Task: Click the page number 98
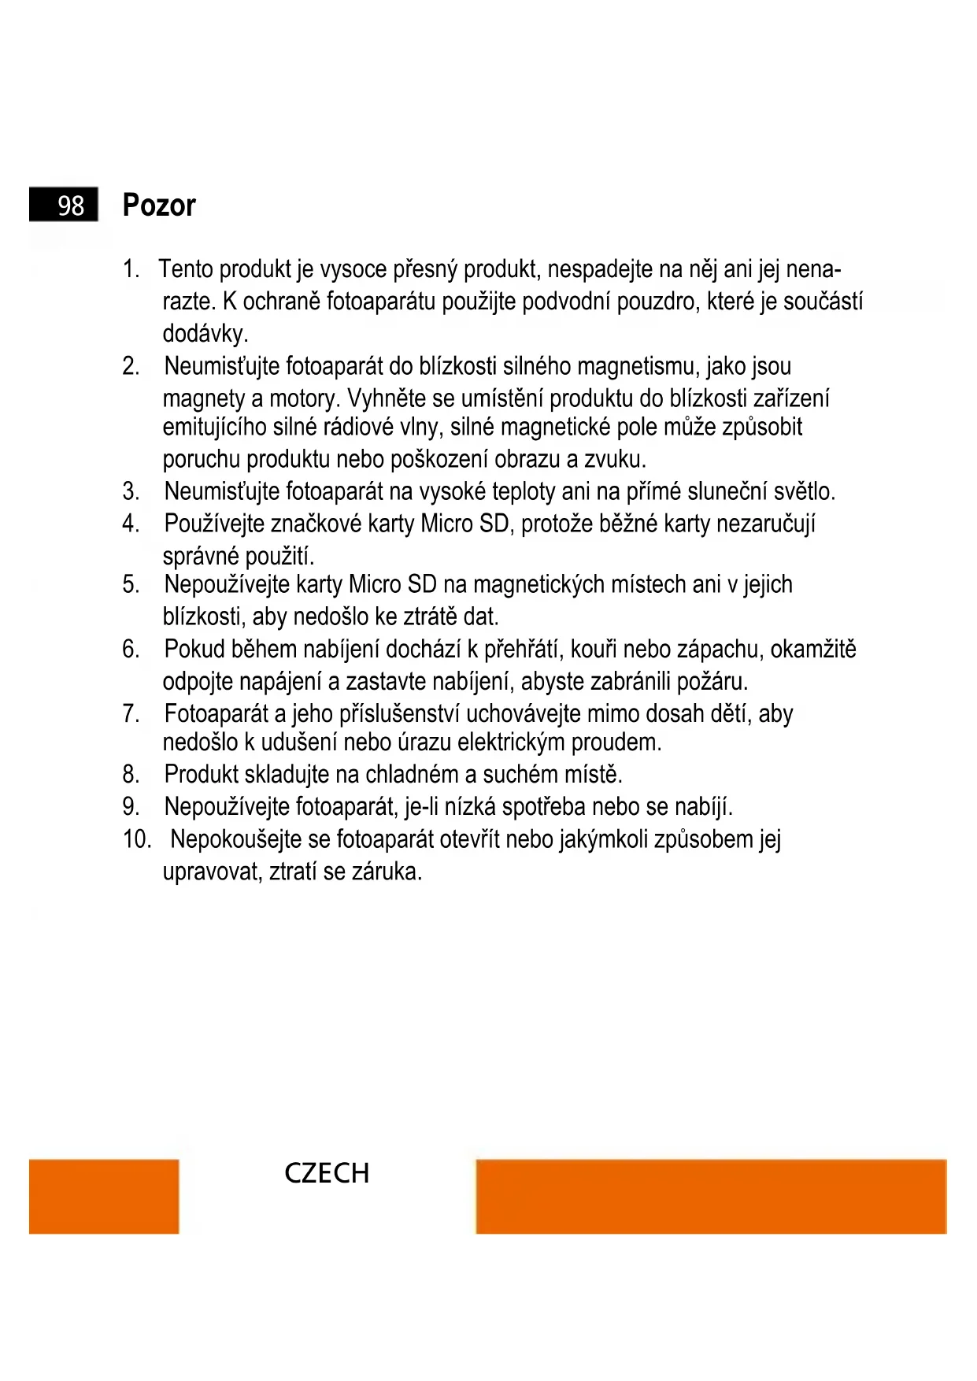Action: (70, 205)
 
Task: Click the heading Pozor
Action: (159, 205)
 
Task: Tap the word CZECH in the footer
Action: (327, 1173)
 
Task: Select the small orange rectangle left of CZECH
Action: (104, 1196)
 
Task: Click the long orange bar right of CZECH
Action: (711, 1196)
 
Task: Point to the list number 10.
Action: (136, 839)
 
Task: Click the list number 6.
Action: (131, 650)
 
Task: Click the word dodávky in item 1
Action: (204, 334)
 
